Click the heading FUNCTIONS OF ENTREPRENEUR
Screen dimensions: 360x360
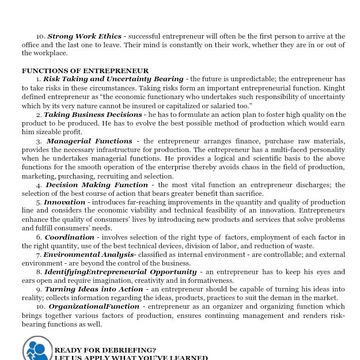point(85,71)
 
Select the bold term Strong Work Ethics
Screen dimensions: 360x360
point(85,36)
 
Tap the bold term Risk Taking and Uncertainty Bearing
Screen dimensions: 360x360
point(113,79)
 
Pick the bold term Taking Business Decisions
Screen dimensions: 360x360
point(93,115)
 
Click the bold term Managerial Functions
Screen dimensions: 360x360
point(89,141)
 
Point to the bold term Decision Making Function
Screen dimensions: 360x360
point(97,185)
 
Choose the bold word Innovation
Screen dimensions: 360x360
point(65,202)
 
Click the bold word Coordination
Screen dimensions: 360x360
point(69,237)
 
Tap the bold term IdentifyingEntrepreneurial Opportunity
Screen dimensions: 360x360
point(120,272)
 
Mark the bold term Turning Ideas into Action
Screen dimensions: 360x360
point(94,289)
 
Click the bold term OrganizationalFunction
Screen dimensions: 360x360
point(94,306)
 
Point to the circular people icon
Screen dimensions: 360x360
point(37,349)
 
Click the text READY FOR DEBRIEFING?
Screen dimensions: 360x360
point(105,350)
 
